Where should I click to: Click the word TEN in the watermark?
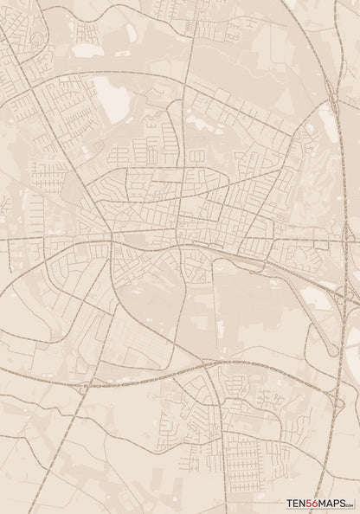pos(298,503)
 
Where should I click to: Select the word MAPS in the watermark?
pos(332,503)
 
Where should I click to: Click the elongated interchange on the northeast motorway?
pos(331,102)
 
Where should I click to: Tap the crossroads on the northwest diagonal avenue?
pos(35,87)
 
